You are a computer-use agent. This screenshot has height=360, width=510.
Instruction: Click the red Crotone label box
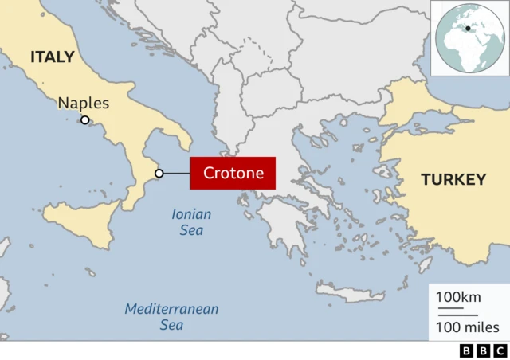tap(232, 173)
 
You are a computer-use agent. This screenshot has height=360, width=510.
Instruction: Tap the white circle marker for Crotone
tap(159, 174)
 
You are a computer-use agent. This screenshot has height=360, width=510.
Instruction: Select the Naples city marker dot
tap(84, 120)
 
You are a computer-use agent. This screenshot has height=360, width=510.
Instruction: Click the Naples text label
tap(84, 104)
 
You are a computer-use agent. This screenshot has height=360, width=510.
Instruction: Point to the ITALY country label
tap(53, 57)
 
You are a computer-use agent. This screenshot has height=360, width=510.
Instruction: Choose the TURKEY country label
tap(453, 179)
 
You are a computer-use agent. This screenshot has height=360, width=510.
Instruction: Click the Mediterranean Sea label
tap(172, 316)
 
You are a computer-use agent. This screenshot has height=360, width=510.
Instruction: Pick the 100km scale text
tap(458, 297)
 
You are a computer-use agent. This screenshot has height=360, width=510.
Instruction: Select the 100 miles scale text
tap(467, 327)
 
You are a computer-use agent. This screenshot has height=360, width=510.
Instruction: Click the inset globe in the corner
tap(469, 38)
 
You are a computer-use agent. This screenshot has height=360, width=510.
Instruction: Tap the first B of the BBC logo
tap(466, 350)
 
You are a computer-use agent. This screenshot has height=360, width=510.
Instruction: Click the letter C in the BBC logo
tap(500, 350)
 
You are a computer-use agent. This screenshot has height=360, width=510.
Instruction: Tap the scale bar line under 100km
tap(450, 307)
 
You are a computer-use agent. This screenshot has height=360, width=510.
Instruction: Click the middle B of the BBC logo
tap(483, 350)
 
